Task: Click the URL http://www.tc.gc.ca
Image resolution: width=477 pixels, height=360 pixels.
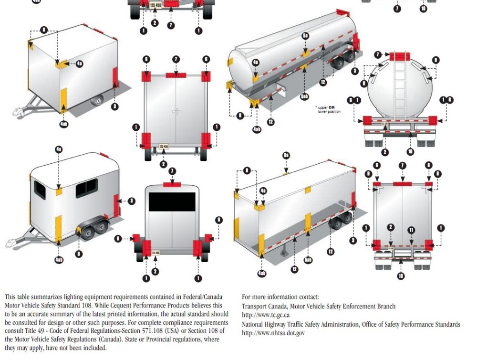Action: [x=266, y=315]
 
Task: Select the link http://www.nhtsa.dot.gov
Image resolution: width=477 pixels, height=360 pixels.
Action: [x=273, y=333]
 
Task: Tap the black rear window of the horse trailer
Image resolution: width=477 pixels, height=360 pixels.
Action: [x=172, y=202]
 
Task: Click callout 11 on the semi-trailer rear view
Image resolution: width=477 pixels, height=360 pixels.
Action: [x=411, y=230]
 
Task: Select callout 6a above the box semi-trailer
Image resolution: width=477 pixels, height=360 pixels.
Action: [x=286, y=156]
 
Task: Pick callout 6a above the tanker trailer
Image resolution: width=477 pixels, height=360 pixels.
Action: [x=305, y=36]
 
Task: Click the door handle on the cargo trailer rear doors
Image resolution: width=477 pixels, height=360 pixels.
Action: [x=177, y=113]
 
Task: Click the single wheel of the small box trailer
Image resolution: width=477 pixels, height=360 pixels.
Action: [x=97, y=100]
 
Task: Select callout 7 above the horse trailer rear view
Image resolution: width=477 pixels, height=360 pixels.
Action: [x=172, y=171]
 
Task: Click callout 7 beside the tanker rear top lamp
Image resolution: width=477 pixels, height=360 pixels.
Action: [x=378, y=55]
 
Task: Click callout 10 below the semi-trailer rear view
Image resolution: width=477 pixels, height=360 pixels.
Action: [x=401, y=276]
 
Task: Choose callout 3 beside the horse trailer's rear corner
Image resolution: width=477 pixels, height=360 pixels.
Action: [x=132, y=201]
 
